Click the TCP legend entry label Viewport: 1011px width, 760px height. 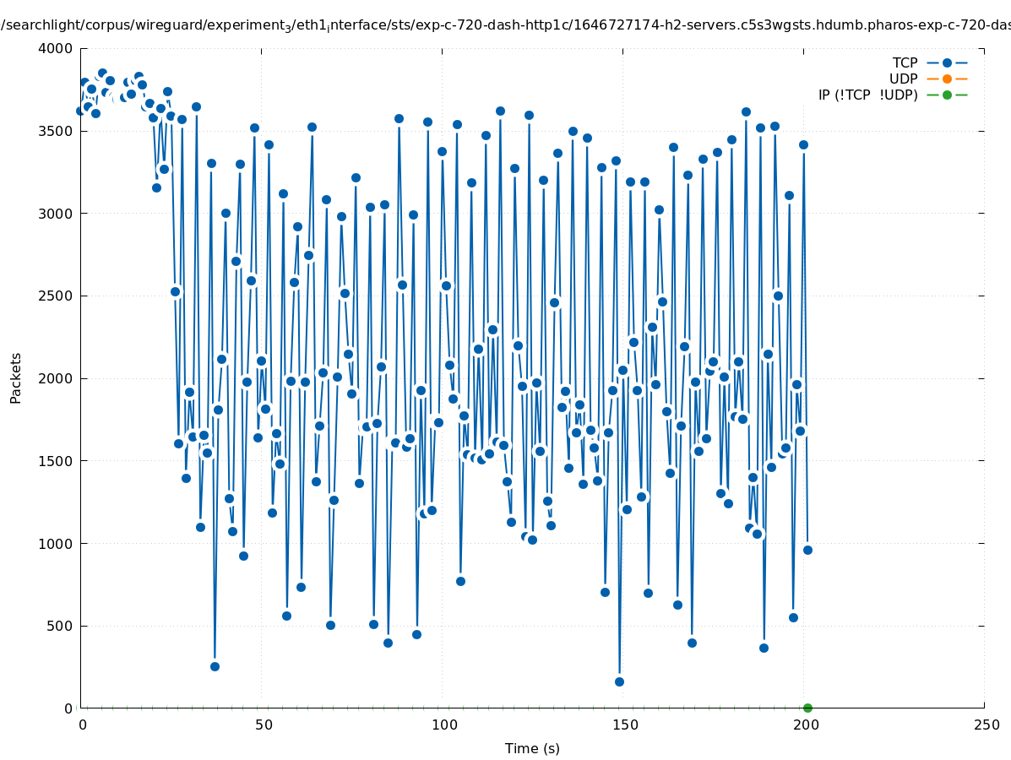pyautogui.click(x=905, y=63)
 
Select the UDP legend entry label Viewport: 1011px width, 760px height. pyautogui.click(x=903, y=79)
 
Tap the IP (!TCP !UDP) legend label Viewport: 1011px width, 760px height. pyautogui.click(x=867, y=95)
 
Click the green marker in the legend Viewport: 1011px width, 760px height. pyautogui.click(x=947, y=95)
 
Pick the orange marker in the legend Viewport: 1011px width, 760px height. pyautogui.click(x=947, y=79)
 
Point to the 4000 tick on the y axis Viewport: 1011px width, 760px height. pyautogui.click(x=57, y=49)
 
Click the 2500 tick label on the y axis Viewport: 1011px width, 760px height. pyautogui.click(x=57, y=296)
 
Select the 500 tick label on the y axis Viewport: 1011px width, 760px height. pyautogui.click(x=60, y=627)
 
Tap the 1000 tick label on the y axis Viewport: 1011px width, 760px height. pyautogui.click(x=57, y=544)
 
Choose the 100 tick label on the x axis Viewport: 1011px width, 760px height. pyautogui.click(x=443, y=725)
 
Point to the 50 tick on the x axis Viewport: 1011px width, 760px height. pyautogui.click(x=264, y=725)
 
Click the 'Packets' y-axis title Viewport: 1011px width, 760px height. pyautogui.click(x=16, y=378)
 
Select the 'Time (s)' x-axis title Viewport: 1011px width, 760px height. pyautogui.click(x=532, y=749)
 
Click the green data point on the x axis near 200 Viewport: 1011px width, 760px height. pyautogui.click(x=807, y=708)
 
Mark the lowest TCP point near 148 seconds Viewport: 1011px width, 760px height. pyautogui.click(x=619, y=681)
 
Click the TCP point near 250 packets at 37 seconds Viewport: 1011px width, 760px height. pyautogui.click(x=215, y=666)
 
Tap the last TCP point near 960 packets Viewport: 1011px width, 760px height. pyautogui.click(x=807, y=550)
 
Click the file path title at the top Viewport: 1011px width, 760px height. pyautogui.click(x=505, y=25)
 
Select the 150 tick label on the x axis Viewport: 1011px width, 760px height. pyautogui.click(x=623, y=725)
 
